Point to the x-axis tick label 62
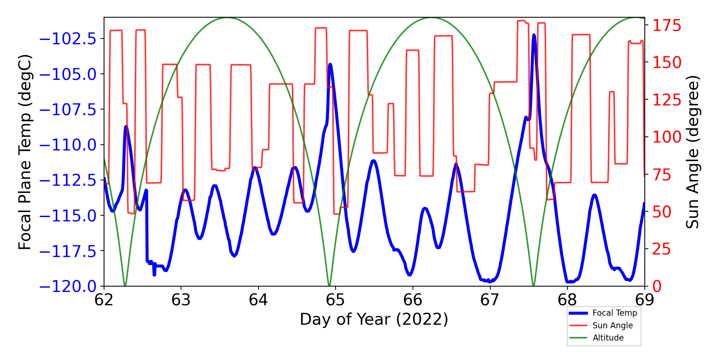click(104, 300)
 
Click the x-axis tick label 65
click(336, 300)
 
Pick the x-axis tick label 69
click(644, 300)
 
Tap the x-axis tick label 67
click(490, 300)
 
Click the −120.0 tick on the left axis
click(68, 287)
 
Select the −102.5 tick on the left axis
click(68, 39)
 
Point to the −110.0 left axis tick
click(68, 145)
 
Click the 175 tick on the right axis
click(667, 26)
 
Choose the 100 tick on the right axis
click(667, 137)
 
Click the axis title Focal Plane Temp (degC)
click(25, 152)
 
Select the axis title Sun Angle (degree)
click(692, 152)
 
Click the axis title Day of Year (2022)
click(374, 319)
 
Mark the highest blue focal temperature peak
click(534, 35)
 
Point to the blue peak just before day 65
click(330, 64)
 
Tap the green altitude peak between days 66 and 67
click(432, 18)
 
